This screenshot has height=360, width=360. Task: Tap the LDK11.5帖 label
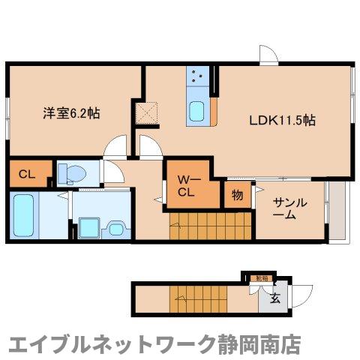pos(281,119)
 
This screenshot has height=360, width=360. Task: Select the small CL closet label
pos(27,175)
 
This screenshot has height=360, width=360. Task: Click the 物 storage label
pos(237,196)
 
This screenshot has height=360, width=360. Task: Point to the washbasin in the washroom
pos(118,226)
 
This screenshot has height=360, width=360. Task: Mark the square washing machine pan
pos(89,226)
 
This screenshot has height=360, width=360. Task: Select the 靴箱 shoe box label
pos(261,278)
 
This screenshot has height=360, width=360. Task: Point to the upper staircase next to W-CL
pos(196,226)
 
